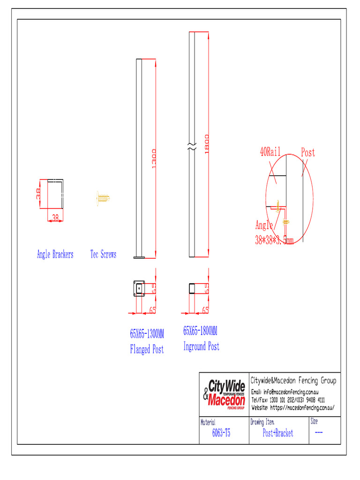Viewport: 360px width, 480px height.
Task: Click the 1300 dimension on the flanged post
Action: coord(154,159)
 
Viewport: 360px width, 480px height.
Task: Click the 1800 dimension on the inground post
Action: coord(206,143)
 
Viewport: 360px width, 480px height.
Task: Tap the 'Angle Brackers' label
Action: coord(55,255)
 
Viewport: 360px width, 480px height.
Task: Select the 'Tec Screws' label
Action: coord(103,255)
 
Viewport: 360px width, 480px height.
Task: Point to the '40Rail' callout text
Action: coord(270,151)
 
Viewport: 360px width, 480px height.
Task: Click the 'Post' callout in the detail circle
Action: coord(308,152)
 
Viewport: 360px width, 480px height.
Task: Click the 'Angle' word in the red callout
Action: coord(264,225)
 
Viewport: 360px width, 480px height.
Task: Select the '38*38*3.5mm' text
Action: coord(274,240)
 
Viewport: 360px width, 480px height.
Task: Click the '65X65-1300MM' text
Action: coord(147,334)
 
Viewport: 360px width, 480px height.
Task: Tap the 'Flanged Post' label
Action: coord(147,349)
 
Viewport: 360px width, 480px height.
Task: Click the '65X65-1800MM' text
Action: coord(200,331)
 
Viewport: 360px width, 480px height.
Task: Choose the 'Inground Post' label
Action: coord(201,347)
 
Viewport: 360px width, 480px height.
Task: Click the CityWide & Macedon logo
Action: coord(224,394)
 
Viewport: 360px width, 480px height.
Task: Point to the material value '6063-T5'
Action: coord(221,434)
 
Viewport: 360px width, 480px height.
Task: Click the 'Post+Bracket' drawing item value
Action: coord(278,434)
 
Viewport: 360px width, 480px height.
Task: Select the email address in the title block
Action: coord(291,392)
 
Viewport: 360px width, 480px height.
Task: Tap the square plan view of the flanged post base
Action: coord(139,289)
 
